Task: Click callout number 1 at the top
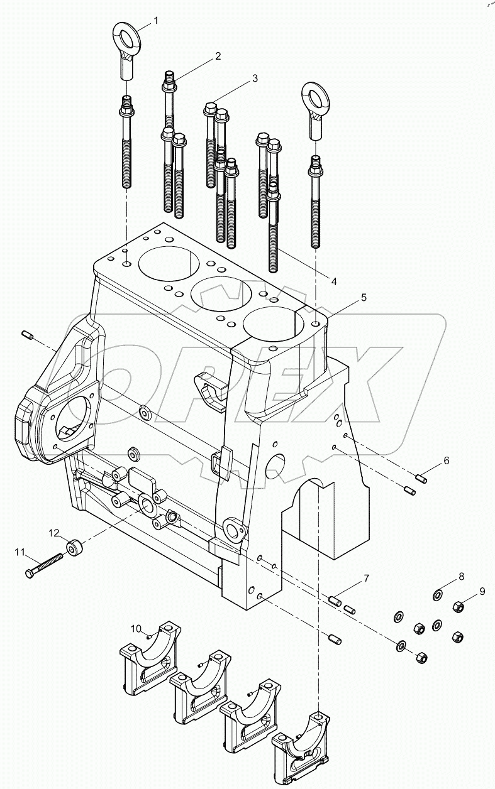point(155,20)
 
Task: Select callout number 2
point(218,56)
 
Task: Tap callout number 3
point(255,79)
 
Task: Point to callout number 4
point(334,282)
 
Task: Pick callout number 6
point(446,460)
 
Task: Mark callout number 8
point(460,576)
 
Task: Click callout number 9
point(482,590)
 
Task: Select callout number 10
point(136,628)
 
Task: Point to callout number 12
point(55,532)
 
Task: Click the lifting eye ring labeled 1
point(130,35)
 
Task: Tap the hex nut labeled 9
point(459,606)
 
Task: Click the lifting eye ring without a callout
point(314,97)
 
